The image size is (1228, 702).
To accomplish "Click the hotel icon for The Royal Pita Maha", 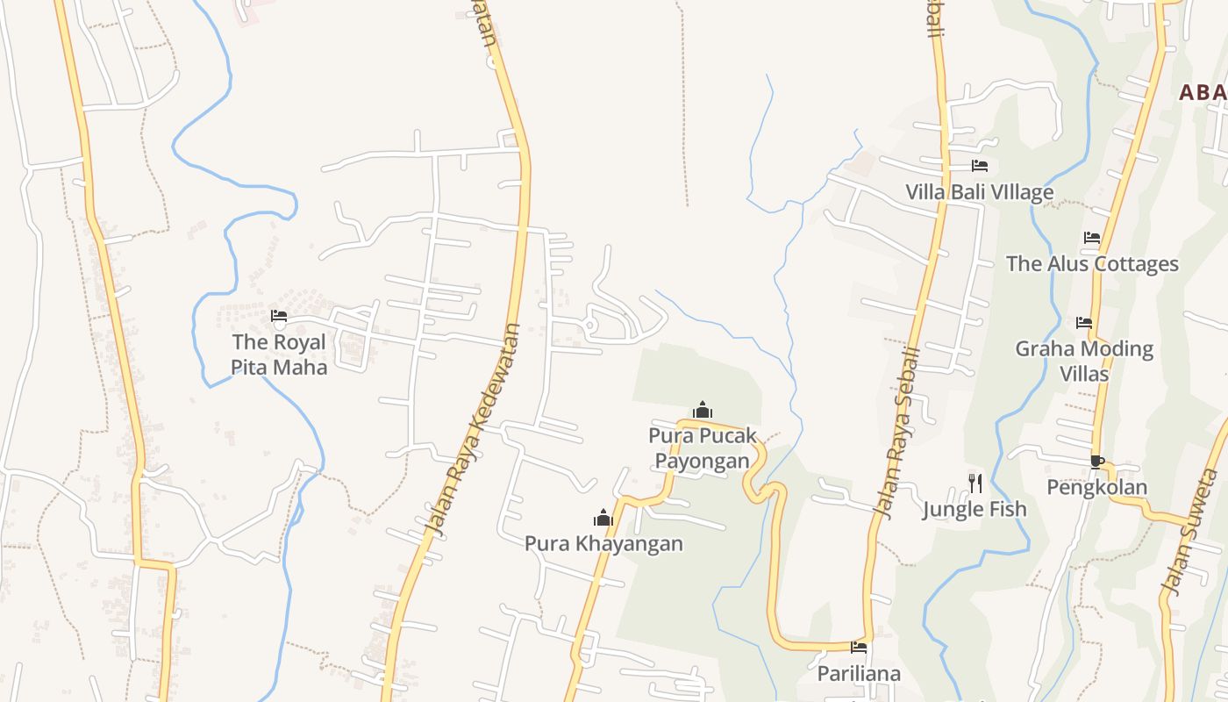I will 279,316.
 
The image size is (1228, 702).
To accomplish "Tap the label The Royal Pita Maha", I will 279,355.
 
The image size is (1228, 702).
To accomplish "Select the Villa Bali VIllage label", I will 979,192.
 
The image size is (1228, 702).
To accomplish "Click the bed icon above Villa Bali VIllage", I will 980,166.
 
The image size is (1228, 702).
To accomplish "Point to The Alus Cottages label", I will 1092,263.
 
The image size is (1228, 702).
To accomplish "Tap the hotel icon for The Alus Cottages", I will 1091,238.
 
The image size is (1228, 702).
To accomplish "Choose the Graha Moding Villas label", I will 1084,361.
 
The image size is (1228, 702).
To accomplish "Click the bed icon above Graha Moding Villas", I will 1084,323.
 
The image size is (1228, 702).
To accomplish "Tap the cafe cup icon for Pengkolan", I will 1096,462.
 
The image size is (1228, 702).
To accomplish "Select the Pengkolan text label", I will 1096,487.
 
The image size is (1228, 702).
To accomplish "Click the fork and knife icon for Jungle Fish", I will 975,483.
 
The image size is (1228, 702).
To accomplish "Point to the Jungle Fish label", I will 974,509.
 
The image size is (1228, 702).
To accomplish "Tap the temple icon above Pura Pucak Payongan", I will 702,410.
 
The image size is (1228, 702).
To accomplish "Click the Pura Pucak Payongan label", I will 702,448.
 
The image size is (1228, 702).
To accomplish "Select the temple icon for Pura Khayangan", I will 603,518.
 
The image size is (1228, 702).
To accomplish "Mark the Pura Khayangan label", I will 603,543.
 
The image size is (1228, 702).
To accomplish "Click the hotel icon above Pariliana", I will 859,648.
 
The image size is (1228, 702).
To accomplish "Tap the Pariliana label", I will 859,673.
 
